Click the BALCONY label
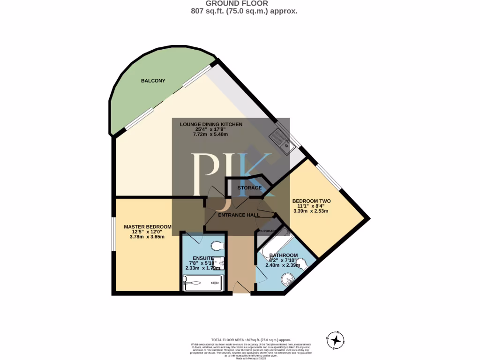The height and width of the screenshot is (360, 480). click(x=153, y=81)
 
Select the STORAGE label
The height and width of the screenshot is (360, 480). click(x=249, y=188)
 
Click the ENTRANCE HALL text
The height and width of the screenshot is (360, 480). click(x=239, y=215)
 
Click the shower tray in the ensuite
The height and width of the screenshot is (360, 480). click(x=202, y=283)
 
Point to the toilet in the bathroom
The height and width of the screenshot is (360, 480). click(x=301, y=267)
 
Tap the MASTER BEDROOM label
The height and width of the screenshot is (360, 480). click(x=147, y=227)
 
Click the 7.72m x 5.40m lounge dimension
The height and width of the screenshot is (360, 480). click(x=210, y=135)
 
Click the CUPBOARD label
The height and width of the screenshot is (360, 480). click(x=267, y=231)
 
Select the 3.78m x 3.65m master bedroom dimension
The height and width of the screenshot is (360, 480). click(x=147, y=237)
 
